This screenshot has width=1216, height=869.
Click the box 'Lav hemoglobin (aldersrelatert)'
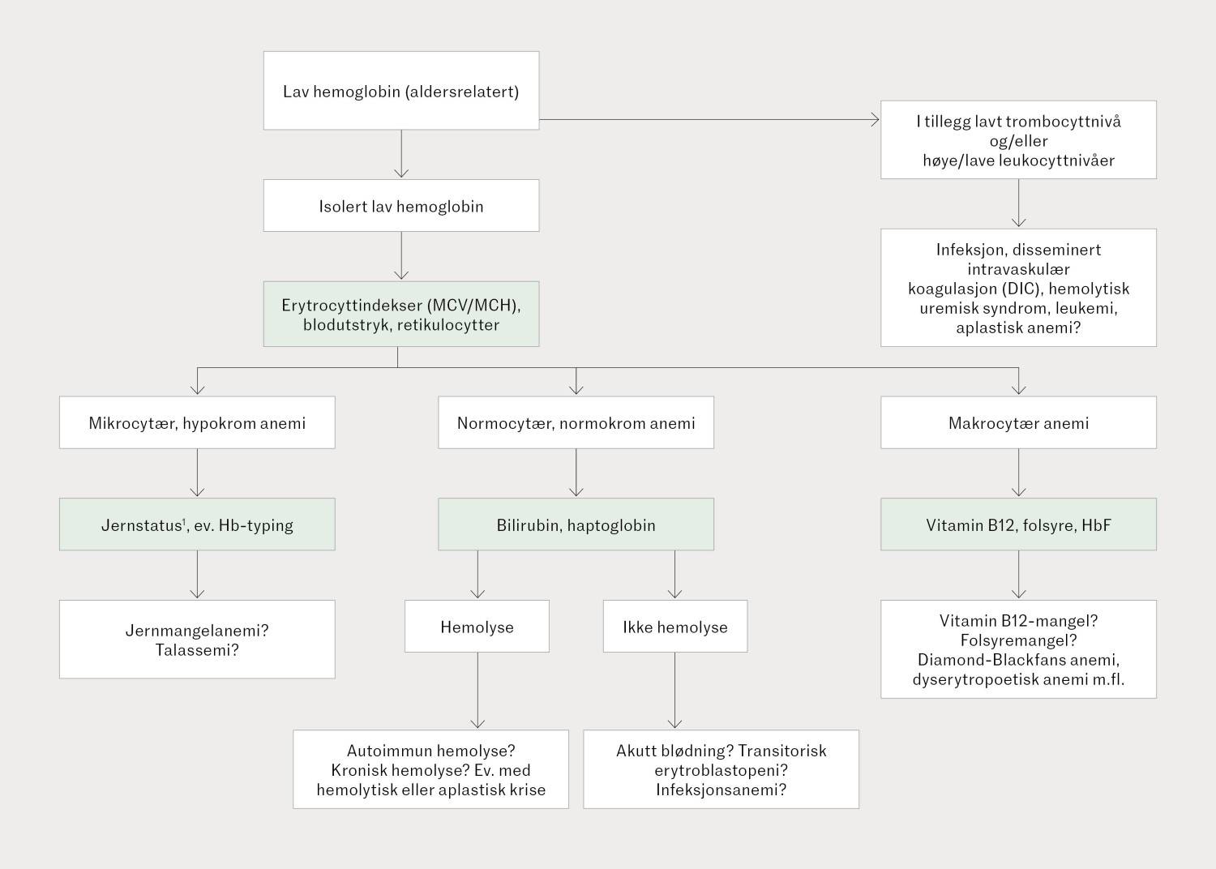click(x=400, y=91)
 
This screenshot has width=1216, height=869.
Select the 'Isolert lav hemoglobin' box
click(x=400, y=206)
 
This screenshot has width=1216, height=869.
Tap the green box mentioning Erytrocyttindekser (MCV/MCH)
click(x=400, y=315)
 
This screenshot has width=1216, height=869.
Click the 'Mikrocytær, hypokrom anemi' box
click(x=197, y=422)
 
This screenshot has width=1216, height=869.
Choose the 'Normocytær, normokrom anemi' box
click(x=576, y=422)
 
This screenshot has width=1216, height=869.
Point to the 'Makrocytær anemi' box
click(x=1018, y=422)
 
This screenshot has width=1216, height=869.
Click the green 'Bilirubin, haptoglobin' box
click(x=576, y=524)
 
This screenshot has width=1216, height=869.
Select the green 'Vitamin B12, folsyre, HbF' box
click(x=1018, y=524)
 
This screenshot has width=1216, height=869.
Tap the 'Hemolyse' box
click(x=477, y=627)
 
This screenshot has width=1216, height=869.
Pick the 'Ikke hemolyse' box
click(x=674, y=627)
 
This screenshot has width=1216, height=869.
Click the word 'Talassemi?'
click(x=197, y=650)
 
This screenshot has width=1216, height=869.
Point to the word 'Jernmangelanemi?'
click(x=197, y=631)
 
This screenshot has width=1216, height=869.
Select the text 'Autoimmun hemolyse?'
click(x=430, y=751)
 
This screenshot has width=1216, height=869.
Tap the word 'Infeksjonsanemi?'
click(x=721, y=790)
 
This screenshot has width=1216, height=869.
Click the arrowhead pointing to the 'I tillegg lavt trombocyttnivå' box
click(x=875, y=120)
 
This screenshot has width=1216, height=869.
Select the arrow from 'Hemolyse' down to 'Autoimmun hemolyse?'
click(x=477, y=689)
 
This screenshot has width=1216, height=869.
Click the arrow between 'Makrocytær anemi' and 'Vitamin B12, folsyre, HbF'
click(x=1019, y=473)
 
